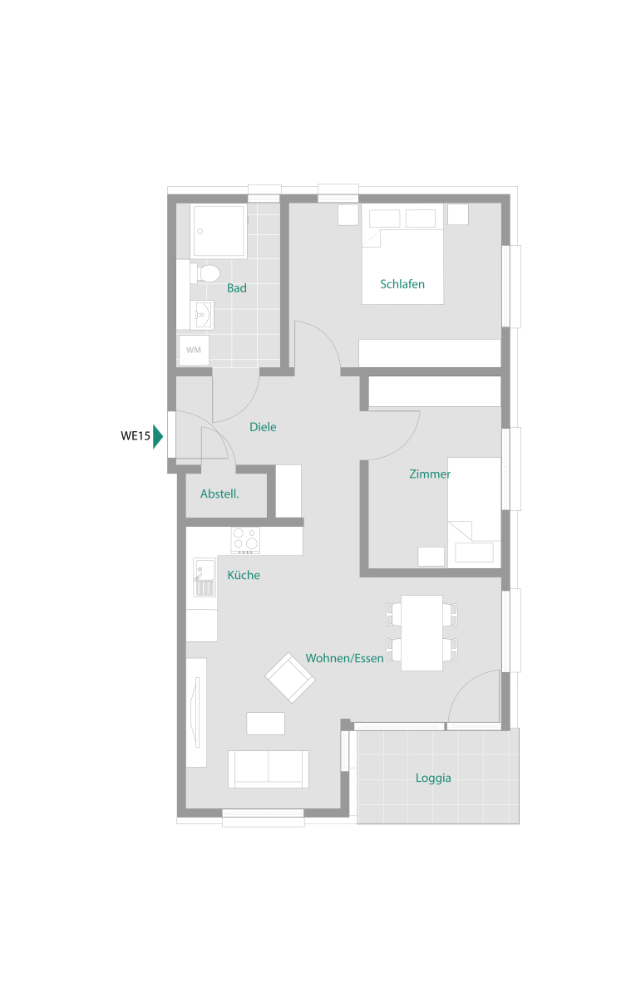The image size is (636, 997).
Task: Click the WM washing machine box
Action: click(194, 351)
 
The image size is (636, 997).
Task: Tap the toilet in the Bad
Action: click(205, 273)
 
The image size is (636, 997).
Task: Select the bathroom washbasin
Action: click(202, 315)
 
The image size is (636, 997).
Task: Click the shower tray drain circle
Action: click(200, 232)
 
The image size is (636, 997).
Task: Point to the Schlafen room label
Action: click(402, 284)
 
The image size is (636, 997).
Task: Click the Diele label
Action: click(263, 427)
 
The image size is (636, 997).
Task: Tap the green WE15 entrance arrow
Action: click(158, 437)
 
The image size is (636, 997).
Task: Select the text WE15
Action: click(136, 435)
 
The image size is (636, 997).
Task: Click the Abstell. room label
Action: click(219, 494)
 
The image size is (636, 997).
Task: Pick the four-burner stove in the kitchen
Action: click(245, 540)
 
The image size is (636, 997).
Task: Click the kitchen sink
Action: click(205, 577)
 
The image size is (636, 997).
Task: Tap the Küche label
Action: click(244, 575)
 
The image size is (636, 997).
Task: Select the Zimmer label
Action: click(430, 474)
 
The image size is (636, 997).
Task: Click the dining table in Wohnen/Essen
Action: click(422, 632)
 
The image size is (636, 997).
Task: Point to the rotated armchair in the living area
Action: click(290, 678)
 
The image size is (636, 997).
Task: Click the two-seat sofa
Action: click(268, 769)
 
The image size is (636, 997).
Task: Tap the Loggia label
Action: click(433, 778)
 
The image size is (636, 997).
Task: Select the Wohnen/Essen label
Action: click(345, 658)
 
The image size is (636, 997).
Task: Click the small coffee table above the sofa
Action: click(265, 724)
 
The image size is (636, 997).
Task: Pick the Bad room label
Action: click(237, 288)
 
